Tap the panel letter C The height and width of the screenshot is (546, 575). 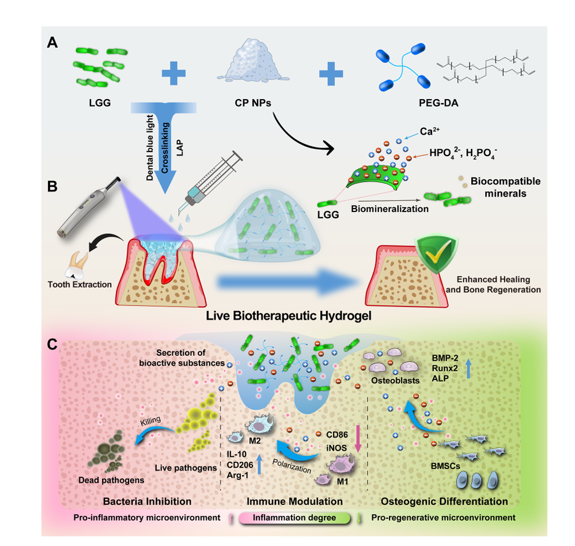(52, 345)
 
